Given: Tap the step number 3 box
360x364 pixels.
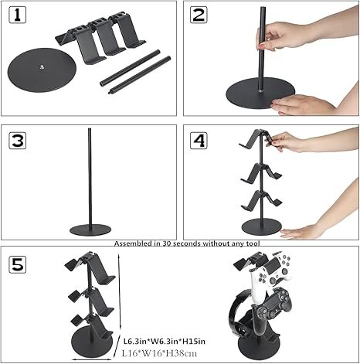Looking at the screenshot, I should point(19,140).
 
